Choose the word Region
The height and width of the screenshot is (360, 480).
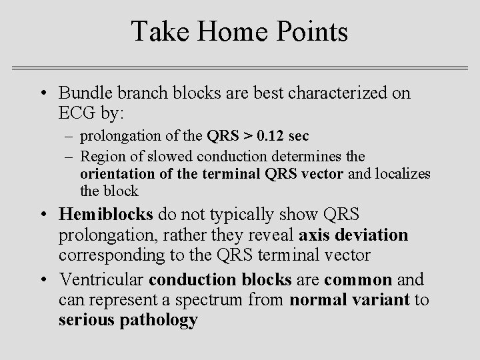[x=101, y=155]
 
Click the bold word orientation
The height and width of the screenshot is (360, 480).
[x=111, y=173]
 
